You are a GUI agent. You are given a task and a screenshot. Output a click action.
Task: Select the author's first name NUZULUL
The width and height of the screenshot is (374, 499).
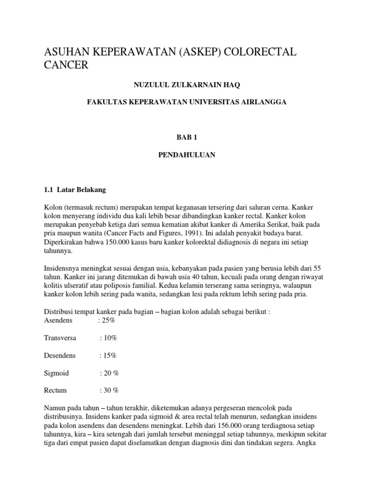(x=152, y=85)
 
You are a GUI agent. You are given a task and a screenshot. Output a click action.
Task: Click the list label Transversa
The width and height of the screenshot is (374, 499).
(x=60, y=338)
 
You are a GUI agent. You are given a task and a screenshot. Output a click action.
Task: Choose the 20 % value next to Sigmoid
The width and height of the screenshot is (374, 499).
(x=110, y=373)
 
